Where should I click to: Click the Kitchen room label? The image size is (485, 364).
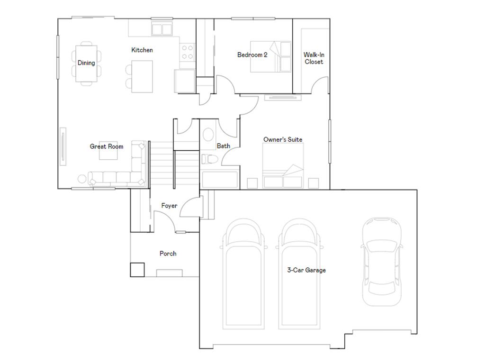pos(142,50)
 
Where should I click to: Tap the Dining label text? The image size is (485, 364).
pos(86,63)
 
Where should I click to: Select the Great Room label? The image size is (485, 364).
pos(107,146)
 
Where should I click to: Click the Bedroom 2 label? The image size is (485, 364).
pos(252,55)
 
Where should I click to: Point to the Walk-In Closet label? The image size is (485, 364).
pos(314,58)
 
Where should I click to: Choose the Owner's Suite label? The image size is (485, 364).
pos(283,139)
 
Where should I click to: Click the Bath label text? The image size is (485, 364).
pos(224,146)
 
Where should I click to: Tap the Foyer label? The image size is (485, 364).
pos(169,206)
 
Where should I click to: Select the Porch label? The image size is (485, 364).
pos(168,254)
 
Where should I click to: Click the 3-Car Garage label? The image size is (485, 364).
pos(306,270)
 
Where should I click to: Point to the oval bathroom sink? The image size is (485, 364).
pos(208,135)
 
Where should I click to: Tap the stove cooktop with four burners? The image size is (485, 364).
pos(188,52)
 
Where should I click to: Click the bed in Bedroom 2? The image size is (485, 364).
pos(270,57)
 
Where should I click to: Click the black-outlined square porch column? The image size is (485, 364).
pos(137,269)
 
